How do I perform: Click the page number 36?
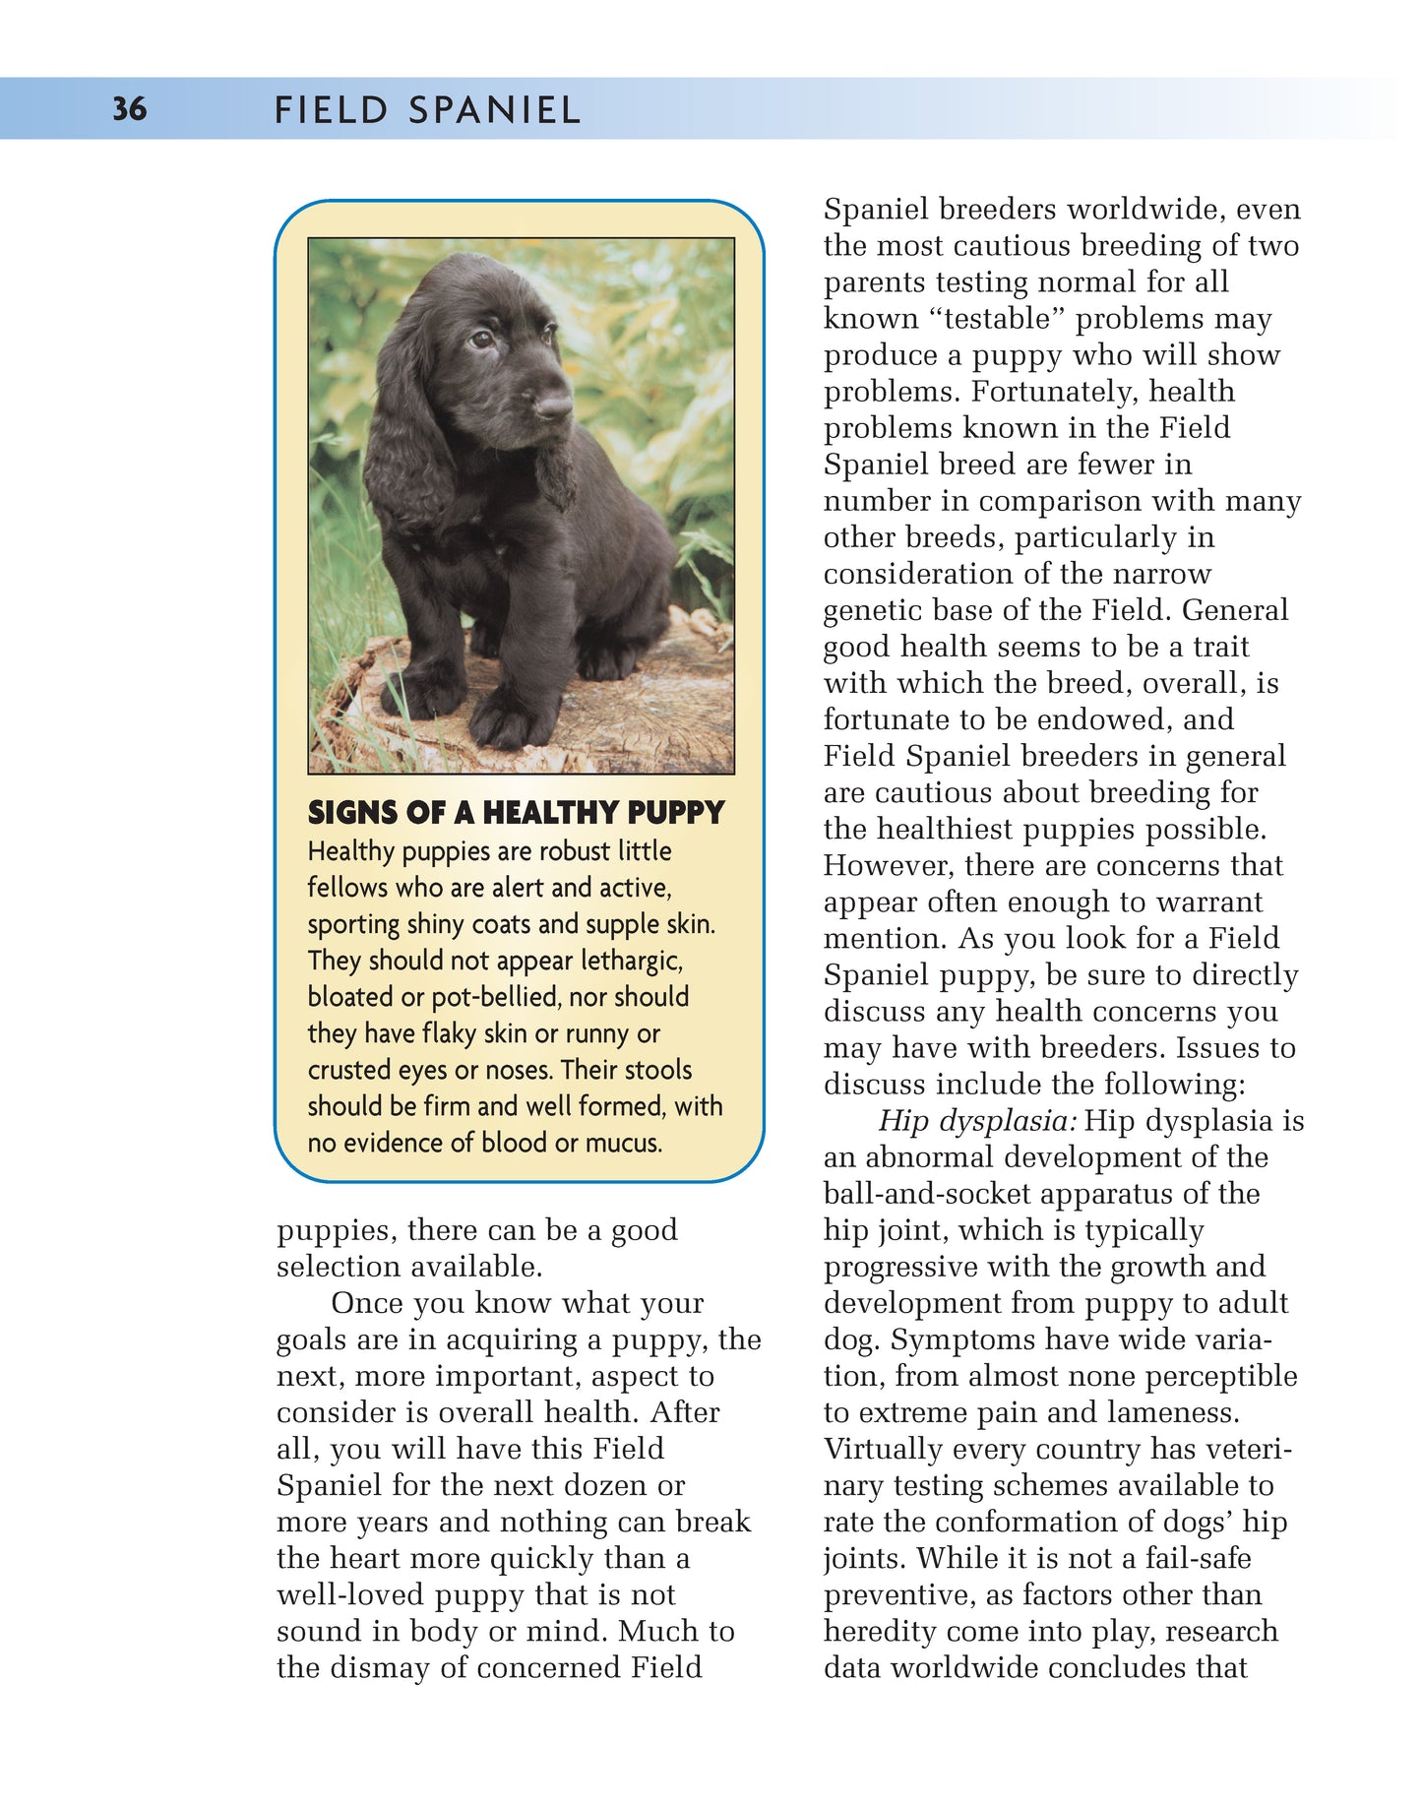pyautogui.click(x=129, y=108)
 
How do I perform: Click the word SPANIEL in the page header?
pyautogui.click(x=494, y=110)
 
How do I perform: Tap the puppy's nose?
pyautogui.click(x=553, y=405)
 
